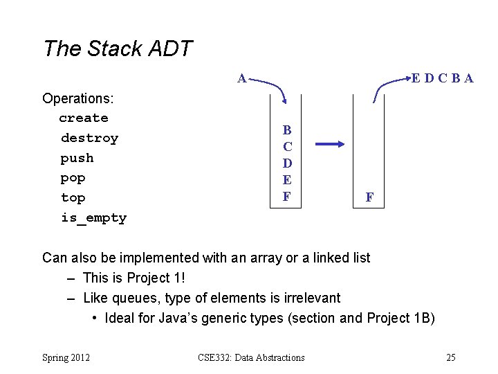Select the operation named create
(x=83, y=118)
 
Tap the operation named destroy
(x=89, y=138)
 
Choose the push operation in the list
(x=77, y=158)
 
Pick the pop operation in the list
(x=73, y=178)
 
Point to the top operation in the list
(x=73, y=198)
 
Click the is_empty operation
(x=93, y=218)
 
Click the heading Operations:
(x=78, y=98)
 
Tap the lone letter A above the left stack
(x=241, y=78)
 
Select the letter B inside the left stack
(x=287, y=130)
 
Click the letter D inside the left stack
(x=287, y=163)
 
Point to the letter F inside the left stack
(x=287, y=196)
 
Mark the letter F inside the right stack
(x=369, y=197)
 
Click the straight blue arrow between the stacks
(x=332, y=145)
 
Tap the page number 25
(x=451, y=357)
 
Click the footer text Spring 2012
(x=66, y=357)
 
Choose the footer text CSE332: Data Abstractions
(x=251, y=357)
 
